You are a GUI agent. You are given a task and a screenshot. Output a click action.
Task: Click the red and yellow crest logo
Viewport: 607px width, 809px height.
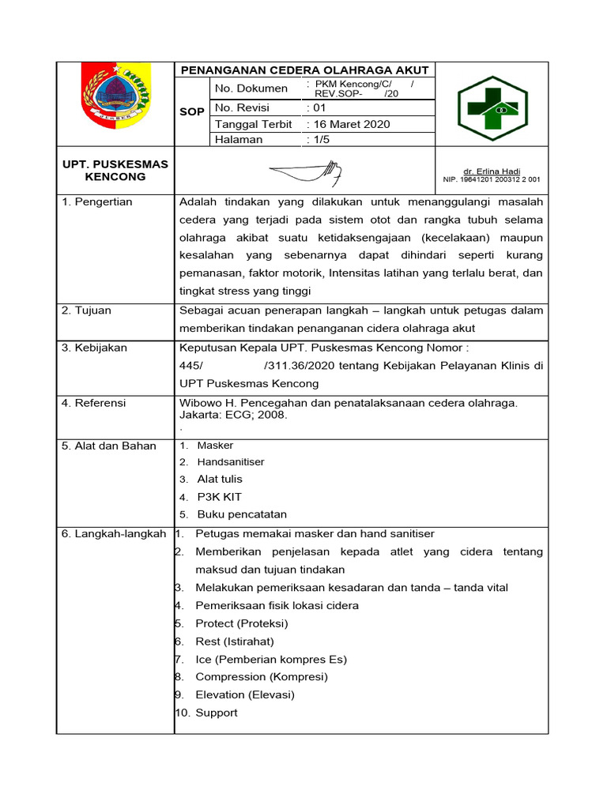[x=115, y=96]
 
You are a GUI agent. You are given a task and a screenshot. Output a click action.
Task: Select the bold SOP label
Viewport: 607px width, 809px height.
[x=191, y=112]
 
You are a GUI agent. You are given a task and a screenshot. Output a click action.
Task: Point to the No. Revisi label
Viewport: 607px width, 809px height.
[x=242, y=107]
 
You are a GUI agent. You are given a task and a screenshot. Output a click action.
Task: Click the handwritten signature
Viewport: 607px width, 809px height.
[x=305, y=171]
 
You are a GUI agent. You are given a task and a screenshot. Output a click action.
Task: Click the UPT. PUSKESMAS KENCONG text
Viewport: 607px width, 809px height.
[x=115, y=171]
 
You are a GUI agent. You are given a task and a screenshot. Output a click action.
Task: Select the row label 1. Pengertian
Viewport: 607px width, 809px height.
[x=96, y=202]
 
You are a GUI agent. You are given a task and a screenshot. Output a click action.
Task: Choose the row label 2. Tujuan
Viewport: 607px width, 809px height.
[x=86, y=310]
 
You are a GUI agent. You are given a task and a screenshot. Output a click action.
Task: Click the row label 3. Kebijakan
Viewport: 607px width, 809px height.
[x=94, y=348]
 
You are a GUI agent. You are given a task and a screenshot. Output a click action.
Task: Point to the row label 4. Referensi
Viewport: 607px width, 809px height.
[x=93, y=403]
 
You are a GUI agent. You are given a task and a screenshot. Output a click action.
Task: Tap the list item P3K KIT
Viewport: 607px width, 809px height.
[x=219, y=497]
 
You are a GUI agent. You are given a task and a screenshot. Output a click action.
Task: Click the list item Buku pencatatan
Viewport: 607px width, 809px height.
[x=242, y=514]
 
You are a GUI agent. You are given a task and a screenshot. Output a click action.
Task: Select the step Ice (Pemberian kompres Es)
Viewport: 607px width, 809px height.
[x=271, y=659]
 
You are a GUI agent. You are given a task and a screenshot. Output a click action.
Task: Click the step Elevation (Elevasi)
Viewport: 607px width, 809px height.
[x=245, y=694]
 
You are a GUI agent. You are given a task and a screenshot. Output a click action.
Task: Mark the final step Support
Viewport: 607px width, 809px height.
[x=217, y=713]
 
